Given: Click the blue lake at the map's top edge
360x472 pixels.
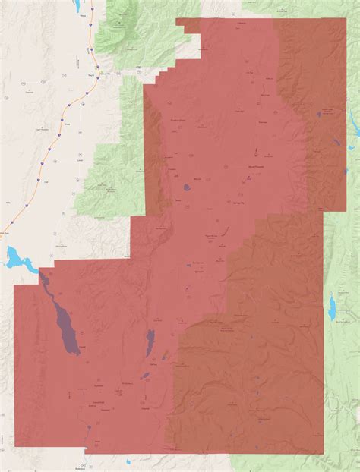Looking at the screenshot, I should pyautogui.click(x=79, y=6).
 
